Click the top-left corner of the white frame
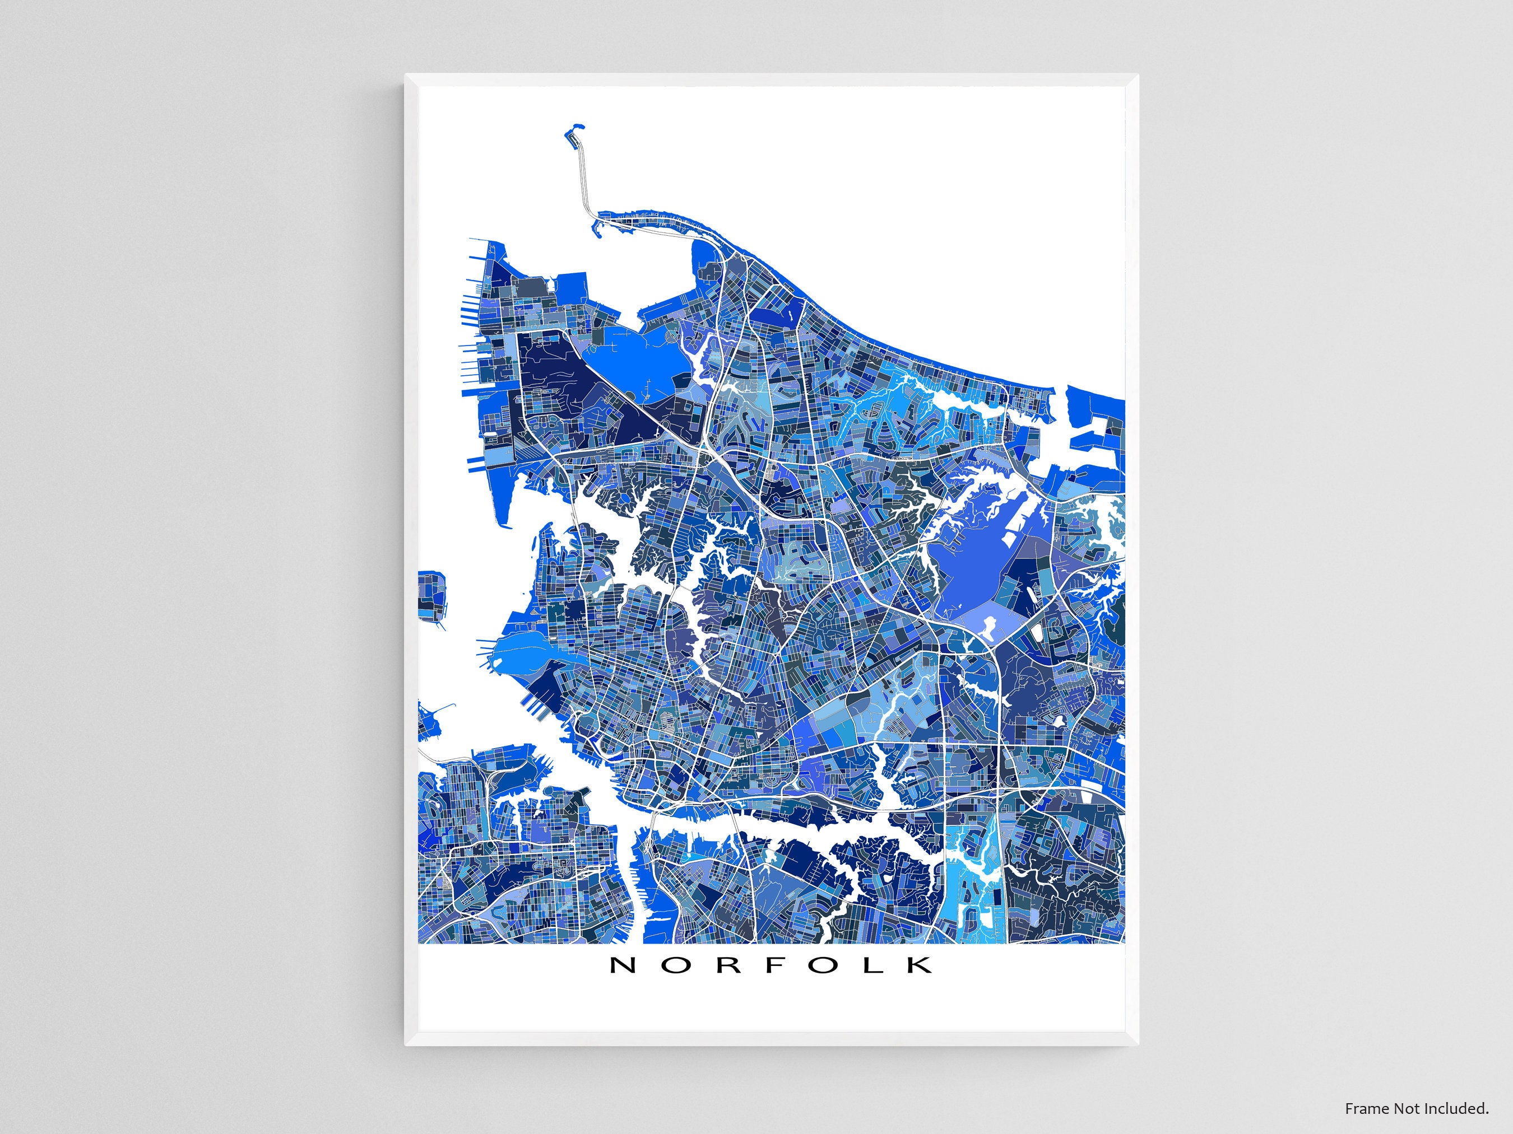407,76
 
